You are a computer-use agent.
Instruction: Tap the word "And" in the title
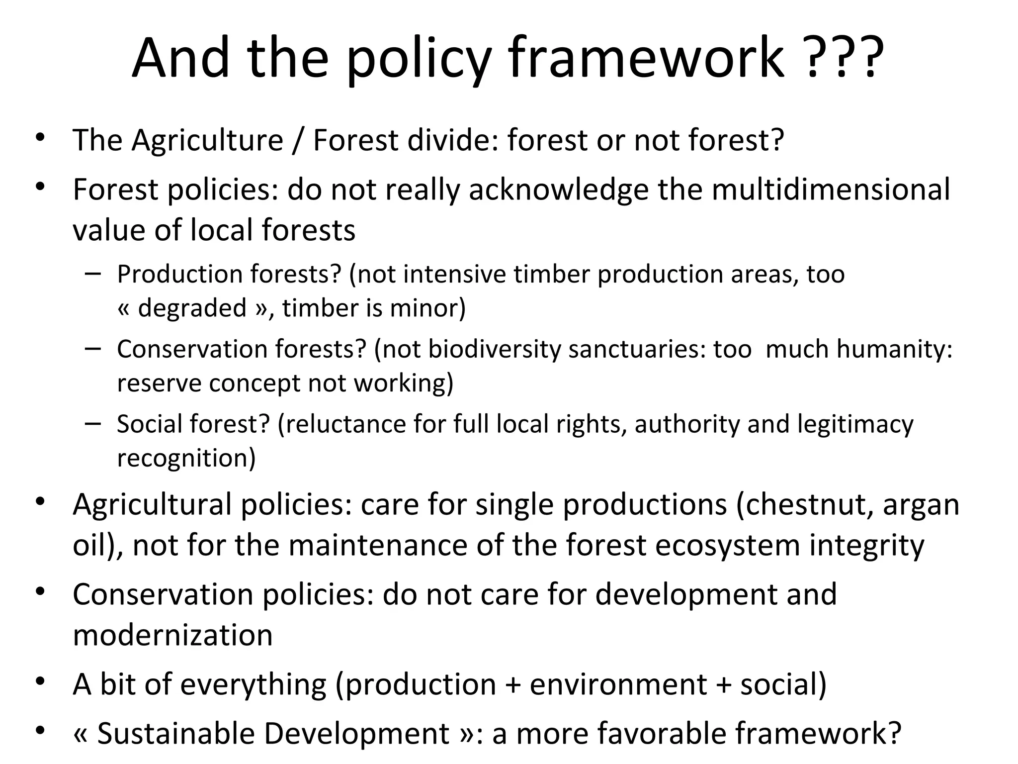[180, 58]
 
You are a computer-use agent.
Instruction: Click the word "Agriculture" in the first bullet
[207, 140]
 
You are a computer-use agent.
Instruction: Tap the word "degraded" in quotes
[192, 308]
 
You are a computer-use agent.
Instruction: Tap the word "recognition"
[186, 458]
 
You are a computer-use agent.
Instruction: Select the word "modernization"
[172, 635]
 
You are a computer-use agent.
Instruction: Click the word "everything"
[253, 684]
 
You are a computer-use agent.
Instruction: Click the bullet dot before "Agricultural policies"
[41, 501]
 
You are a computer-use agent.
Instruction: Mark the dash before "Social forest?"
[93, 423]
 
